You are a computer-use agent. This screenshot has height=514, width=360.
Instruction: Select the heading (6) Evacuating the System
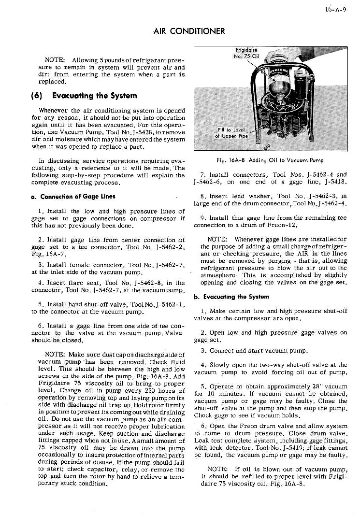87,96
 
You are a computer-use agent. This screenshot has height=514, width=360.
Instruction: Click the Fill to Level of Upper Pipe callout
232,133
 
